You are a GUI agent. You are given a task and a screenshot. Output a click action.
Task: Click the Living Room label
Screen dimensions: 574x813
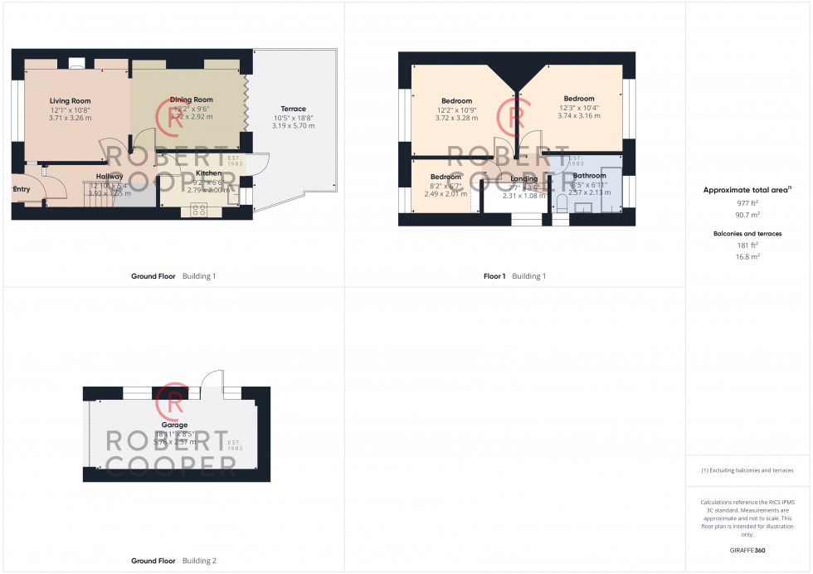pyautogui.click(x=70, y=101)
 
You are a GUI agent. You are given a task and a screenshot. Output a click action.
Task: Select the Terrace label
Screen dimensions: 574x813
pyautogui.click(x=293, y=109)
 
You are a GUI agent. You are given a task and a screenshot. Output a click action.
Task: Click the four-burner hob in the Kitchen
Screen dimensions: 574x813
pyautogui.click(x=199, y=211)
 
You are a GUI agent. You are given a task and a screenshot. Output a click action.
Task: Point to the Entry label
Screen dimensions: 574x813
pyautogui.click(x=21, y=189)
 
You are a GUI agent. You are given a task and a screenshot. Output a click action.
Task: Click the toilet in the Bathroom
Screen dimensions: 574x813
pyautogui.click(x=561, y=205)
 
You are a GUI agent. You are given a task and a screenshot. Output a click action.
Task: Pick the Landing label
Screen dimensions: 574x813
pyautogui.click(x=523, y=178)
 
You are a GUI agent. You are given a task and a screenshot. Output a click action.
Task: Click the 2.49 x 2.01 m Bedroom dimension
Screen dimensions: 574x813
pyautogui.click(x=445, y=194)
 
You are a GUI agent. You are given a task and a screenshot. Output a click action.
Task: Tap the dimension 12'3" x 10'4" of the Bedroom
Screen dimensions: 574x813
pyautogui.click(x=578, y=108)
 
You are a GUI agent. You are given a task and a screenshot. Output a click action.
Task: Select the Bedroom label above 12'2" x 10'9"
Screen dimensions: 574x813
pyautogui.click(x=455, y=101)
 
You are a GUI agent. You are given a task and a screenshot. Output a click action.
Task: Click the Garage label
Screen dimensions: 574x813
pyautogui.click(x=174, y=425)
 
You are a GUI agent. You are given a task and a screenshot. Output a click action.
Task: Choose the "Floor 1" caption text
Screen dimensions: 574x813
pyautogui.click(x=494, y=276)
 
